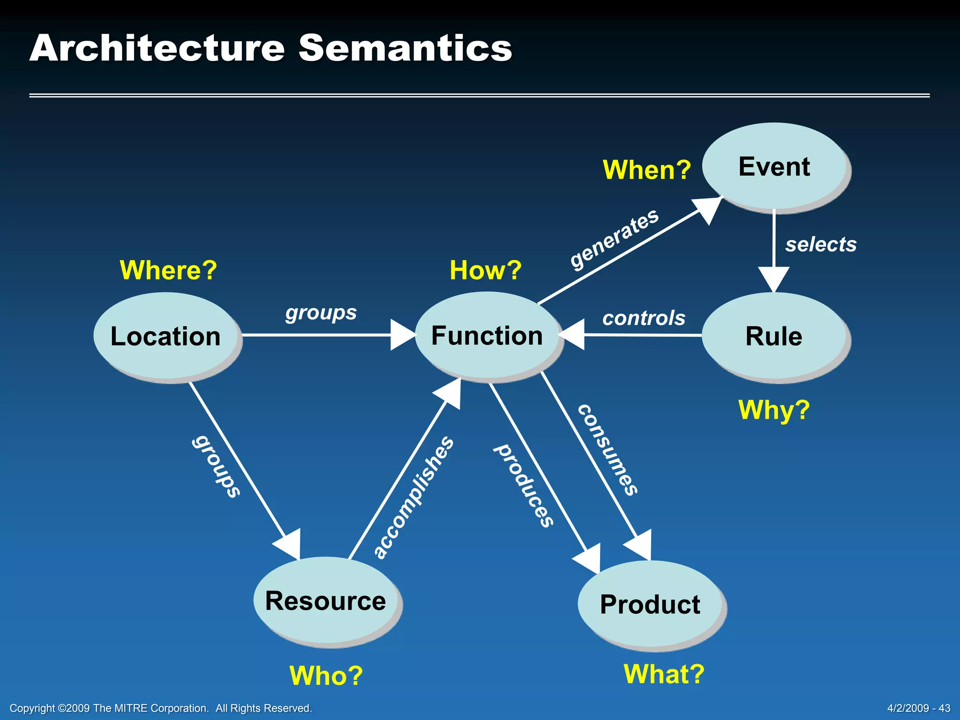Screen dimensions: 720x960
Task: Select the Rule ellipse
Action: (774, 336)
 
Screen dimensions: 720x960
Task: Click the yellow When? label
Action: (646, 170)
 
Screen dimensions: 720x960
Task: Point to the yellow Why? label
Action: (774, 410)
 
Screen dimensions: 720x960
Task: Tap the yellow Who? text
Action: (326, 675)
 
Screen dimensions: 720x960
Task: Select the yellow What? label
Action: (664, 674)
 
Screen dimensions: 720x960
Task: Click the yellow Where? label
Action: (168, 270)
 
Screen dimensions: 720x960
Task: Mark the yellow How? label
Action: (486, 270)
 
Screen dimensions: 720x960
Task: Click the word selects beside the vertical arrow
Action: (821, 244)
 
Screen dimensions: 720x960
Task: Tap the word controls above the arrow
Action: (644, 318)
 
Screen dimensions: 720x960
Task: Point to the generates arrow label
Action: (615, 239)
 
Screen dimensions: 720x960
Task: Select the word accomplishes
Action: (413, 497)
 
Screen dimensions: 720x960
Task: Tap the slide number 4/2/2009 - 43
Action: (918, 708)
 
